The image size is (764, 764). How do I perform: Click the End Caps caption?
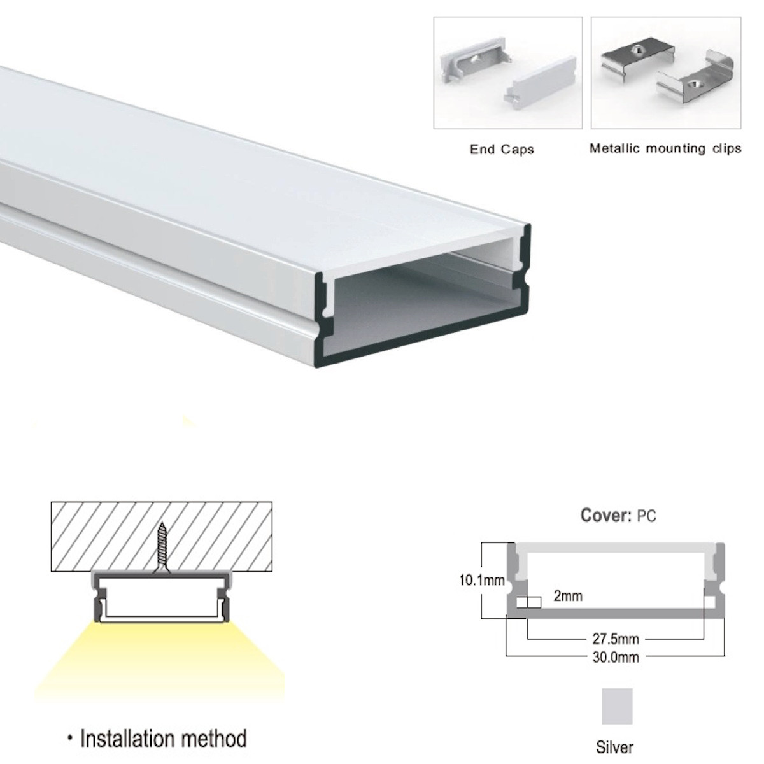click(x=502, y=150)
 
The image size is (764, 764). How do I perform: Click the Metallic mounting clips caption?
click(x=665, y=148)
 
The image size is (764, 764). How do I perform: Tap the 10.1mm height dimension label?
click(x=482, y=581)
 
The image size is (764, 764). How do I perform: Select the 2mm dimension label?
click(x=568, y=596)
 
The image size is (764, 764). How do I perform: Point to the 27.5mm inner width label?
click(x=616, y=639)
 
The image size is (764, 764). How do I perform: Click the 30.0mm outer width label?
click(x=616, y=657)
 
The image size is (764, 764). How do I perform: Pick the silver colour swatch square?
click(x=617, y=706)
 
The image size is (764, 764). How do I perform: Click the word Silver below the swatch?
click(x=614, y=747)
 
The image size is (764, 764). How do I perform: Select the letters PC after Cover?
click(x=646, y=516)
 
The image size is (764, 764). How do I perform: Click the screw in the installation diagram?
click(x=161, y=548)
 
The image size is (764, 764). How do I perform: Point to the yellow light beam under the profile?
click(x=159, y=662)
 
